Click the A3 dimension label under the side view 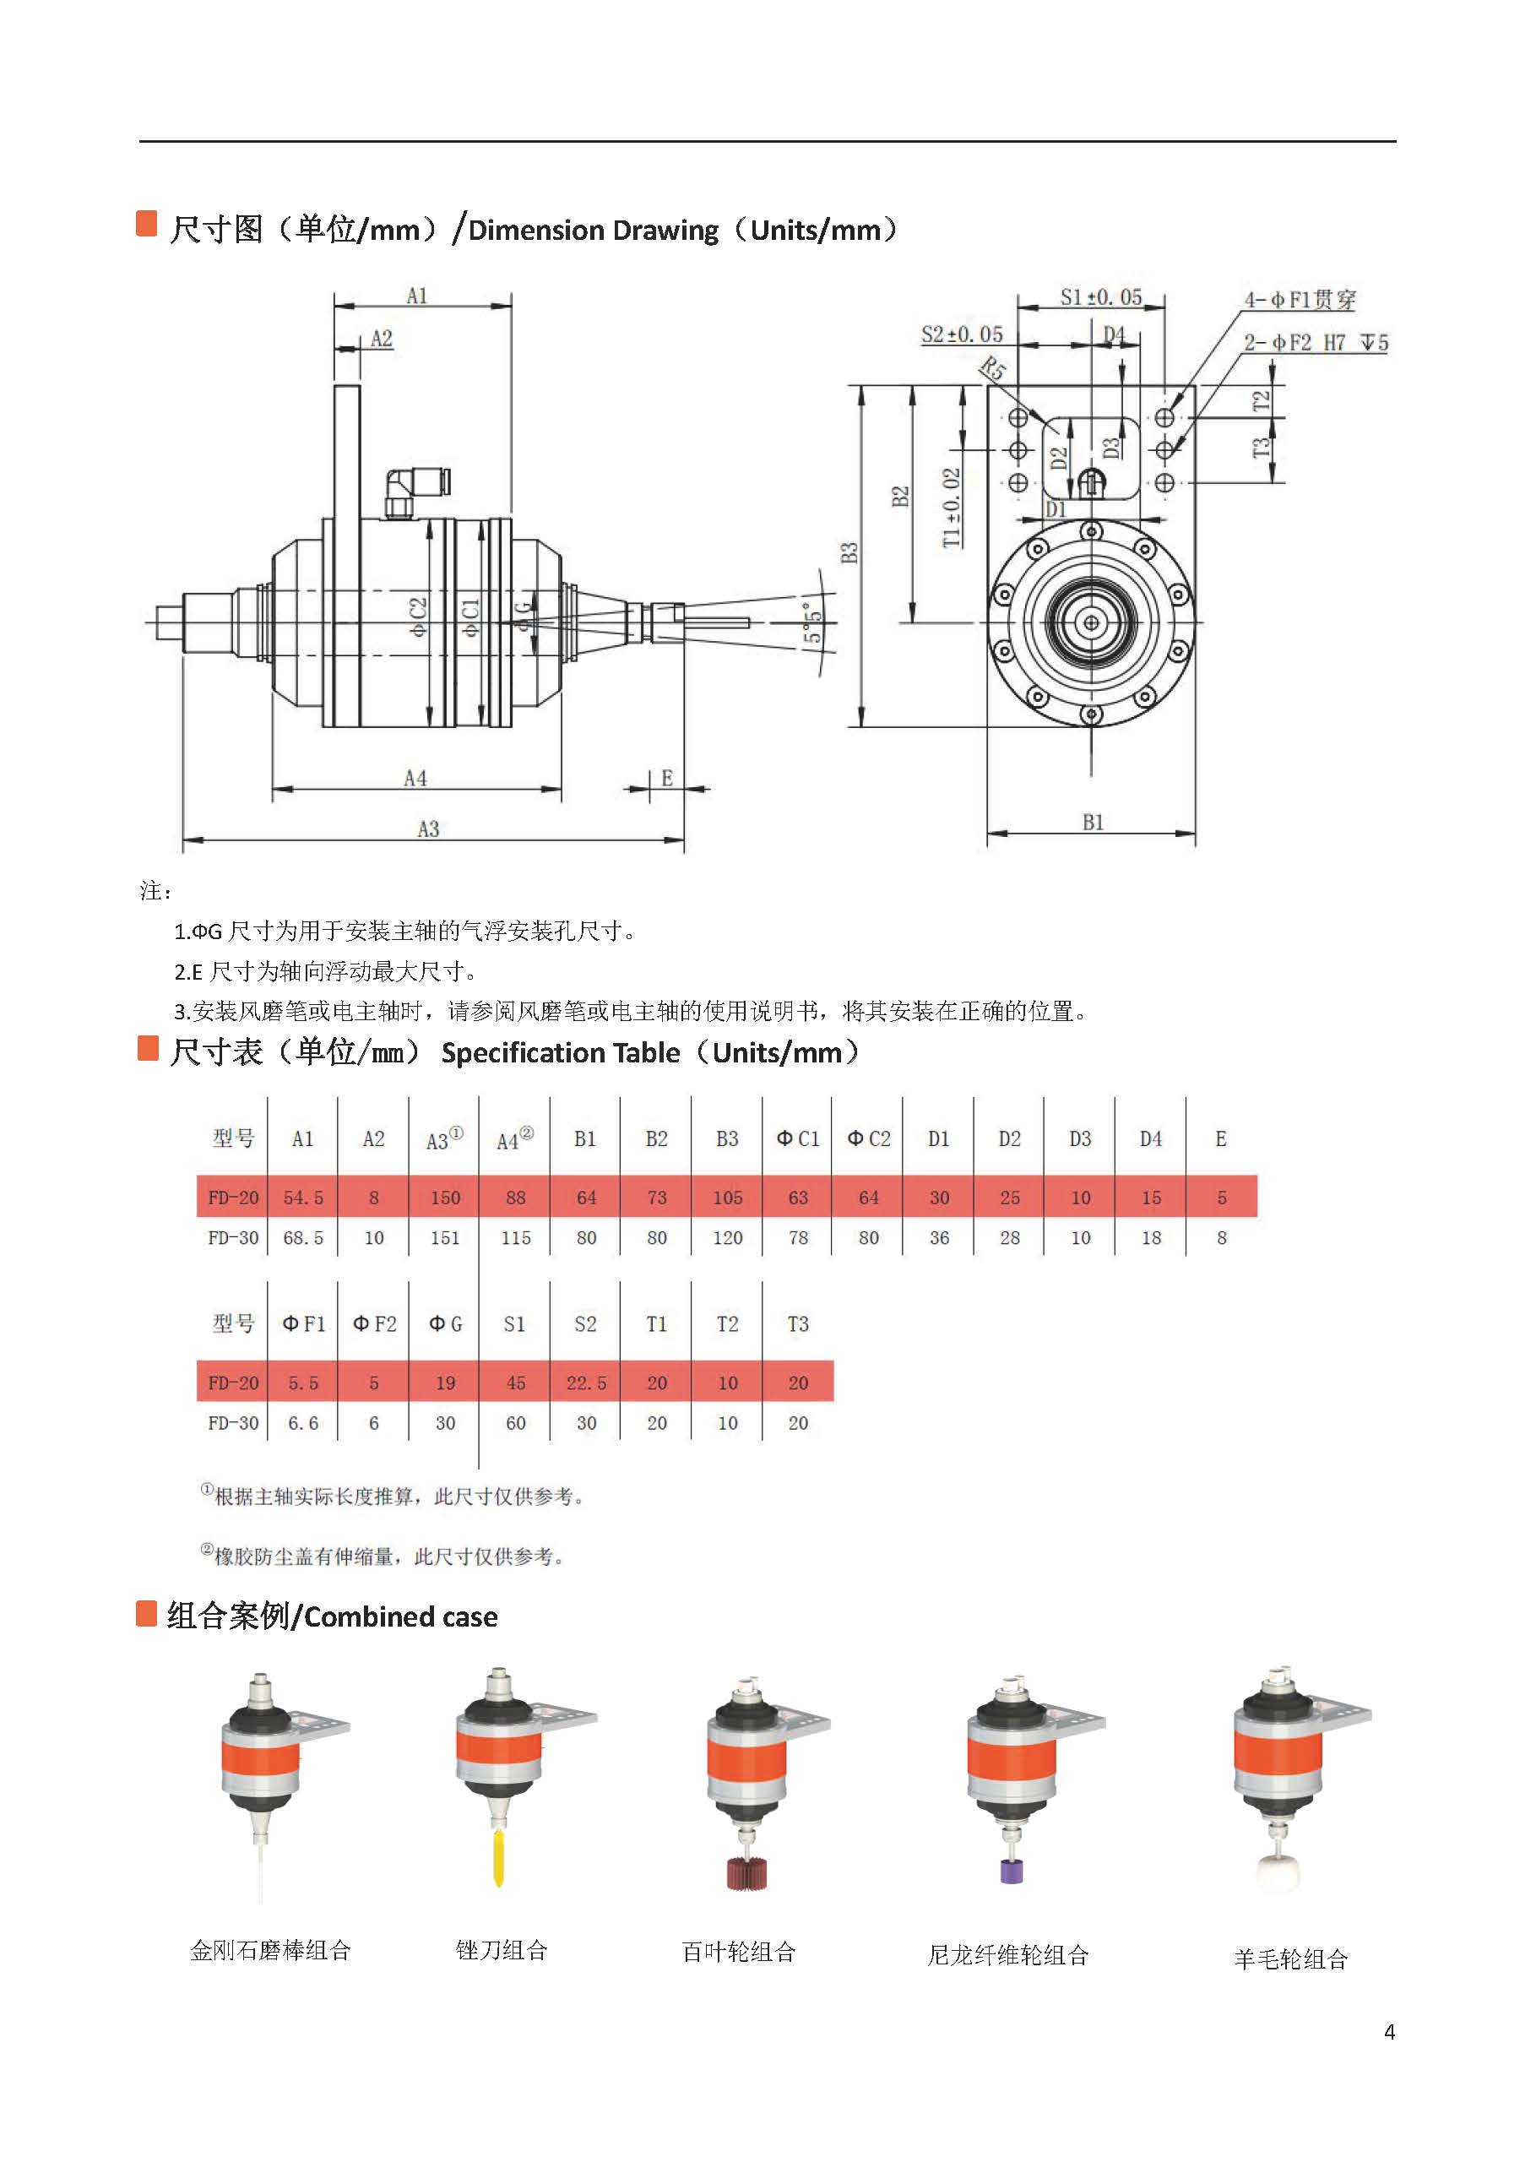point(428,829)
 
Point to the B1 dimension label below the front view point(1092,823)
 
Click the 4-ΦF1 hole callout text point(1299,300)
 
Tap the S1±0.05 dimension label point(1099,297)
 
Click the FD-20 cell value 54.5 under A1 point(303,1198)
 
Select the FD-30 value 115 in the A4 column point(515,1238)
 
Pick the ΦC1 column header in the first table point(797,1138)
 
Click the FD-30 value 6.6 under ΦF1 point(303,1423)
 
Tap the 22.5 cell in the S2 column point(586,1383)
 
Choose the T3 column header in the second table point(797,1324)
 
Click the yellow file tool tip point(499,1858)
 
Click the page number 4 point(1388,2032)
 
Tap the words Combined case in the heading point(400,1616)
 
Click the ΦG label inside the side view point(524,615)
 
